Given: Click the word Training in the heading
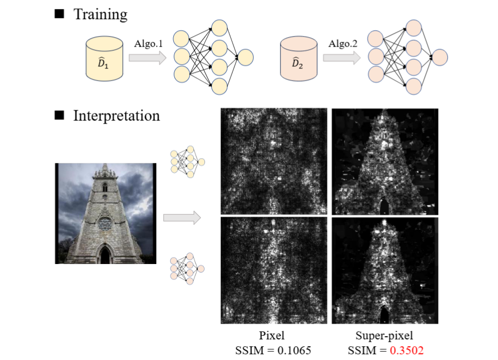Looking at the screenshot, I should pos(101,14).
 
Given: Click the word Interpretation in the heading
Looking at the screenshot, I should pos(116,115).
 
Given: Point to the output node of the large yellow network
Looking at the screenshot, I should pos(245,57).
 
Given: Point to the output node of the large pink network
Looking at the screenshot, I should pos(440,56).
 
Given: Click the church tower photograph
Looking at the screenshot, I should pos(105,213).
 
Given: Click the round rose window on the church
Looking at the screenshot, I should pos(105,223).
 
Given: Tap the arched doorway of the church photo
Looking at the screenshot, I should pos(104,255).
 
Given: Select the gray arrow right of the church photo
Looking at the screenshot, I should pos(182,217).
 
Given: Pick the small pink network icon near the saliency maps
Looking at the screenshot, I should pos(187,268).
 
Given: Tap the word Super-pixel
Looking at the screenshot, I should pos(385,335).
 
